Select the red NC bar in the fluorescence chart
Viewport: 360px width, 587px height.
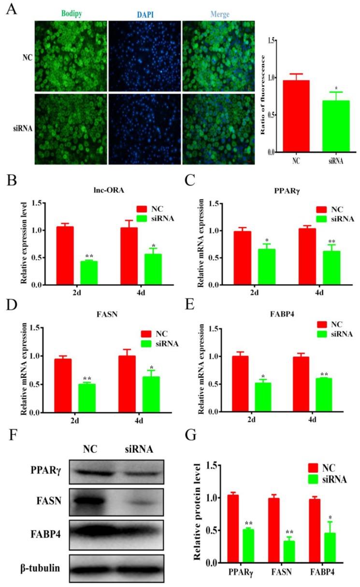pos(296,116)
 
